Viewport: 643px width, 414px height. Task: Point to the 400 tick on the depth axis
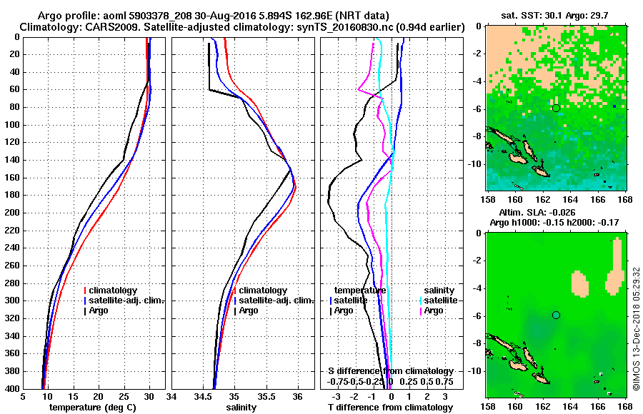pyautogui.click(x=13, y=388)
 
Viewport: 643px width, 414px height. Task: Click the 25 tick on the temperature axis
pyautogui.click(x=124, y=397)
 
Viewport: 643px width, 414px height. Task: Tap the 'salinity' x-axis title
pyautogui.click(x=243, y=408)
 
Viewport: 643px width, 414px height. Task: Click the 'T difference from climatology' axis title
pyautogui.click(x=390, y=408)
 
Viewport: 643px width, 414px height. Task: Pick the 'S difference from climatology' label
pyautogui.click(x=390, y=371)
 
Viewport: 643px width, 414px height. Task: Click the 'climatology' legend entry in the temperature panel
pyautogui.click(x=114, y=291)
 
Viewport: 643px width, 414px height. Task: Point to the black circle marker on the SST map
pyautogui.click(x=556, y=108)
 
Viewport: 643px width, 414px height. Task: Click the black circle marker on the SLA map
pyautogui.click(x=556, y=315)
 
